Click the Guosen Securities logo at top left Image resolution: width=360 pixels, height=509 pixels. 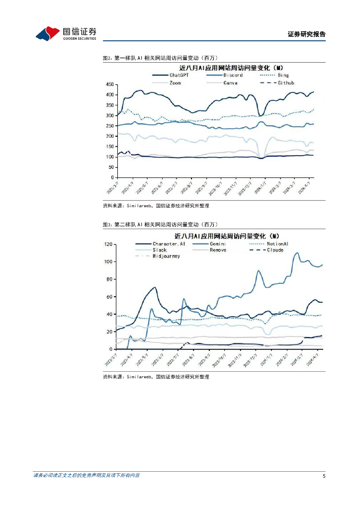66,33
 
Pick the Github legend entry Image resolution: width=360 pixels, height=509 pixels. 285,83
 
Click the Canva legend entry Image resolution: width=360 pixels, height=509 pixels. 230,83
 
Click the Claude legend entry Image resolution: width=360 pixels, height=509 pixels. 275,250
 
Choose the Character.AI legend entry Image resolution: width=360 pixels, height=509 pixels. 169,244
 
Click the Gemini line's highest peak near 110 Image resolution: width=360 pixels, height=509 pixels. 297,253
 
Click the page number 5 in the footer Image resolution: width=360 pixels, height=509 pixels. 324,476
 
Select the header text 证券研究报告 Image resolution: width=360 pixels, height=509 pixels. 306,34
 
